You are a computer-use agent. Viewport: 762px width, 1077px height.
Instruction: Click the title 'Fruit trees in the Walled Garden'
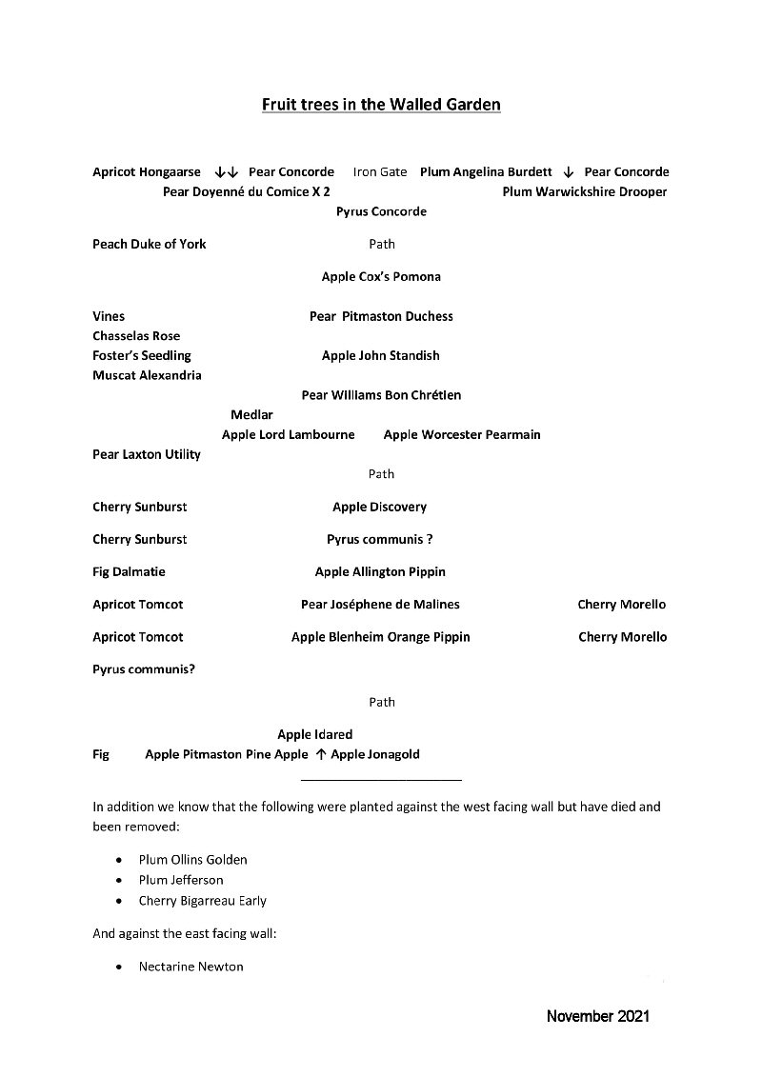(x=381, y=105)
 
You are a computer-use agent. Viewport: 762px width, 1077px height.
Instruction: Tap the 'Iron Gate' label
(x=380, y=172)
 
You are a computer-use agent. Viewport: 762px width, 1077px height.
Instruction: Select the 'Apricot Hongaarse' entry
(x=147, y=172)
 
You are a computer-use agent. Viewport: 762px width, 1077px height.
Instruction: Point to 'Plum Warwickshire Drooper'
(x=585, y=191)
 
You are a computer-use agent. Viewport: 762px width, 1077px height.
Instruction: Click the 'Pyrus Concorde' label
(x=381, y=211)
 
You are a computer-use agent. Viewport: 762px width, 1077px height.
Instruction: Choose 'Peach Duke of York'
(x=150, y=244)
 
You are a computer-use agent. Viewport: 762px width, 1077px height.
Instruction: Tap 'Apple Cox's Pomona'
(x=381, y=277)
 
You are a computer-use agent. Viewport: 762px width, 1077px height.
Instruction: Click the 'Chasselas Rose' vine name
(x=136, y=336)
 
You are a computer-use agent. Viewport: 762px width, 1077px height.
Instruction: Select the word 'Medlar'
(x=251, y=414)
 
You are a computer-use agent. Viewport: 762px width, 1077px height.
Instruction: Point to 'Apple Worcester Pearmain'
(x=462, y=434)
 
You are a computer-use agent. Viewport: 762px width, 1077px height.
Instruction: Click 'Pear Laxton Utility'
(x=147, y=454)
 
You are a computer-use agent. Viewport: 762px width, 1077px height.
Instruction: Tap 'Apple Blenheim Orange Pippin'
(x=381, y=637)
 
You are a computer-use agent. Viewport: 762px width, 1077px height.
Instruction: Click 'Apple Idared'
(x=315, y=734)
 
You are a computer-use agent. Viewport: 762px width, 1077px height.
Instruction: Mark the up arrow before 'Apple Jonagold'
(x=320, y=754)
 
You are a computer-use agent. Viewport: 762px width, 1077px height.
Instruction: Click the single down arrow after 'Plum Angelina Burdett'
(x=568, y=172)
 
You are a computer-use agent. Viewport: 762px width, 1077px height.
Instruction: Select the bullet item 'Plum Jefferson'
(x=181, y=880)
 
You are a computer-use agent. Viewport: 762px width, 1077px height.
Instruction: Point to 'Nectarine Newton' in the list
(x=190, y=967)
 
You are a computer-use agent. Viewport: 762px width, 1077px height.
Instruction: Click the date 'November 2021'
(x=598, y=1016)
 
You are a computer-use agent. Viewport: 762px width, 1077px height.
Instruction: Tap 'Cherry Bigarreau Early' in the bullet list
(x=202, y=901)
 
